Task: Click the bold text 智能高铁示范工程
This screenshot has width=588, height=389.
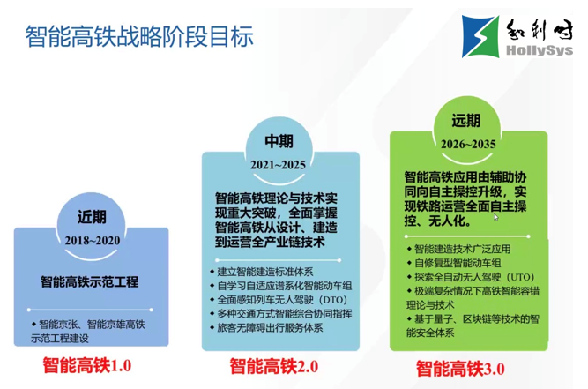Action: pyautogui.click(x=89, y=283)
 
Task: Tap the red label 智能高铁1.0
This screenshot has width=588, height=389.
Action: pyautogui.click(x=88, y=364)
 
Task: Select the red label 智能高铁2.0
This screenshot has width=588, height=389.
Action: pyautogui.click(x=274, y=366)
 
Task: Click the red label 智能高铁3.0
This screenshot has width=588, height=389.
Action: pyautogui.click(x=460, y=368)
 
